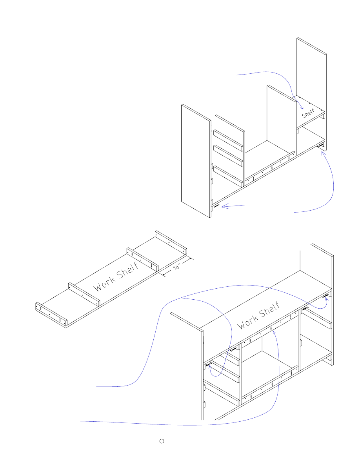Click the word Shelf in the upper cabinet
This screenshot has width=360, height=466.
pos(308,113)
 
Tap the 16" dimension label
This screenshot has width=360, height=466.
pos(177,266)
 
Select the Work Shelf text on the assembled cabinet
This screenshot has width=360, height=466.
pos(259,315)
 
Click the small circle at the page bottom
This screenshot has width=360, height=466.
pos(162,441)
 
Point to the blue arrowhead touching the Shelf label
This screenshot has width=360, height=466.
pos(301,107)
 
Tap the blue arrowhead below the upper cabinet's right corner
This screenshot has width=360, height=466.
pos(323,154)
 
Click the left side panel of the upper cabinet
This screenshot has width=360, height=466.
pos(196,161)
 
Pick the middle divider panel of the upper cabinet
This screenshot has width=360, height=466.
pos(281,119)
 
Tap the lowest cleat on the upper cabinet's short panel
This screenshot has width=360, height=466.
pos(228,176)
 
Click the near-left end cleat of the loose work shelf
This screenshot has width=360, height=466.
pos(51,315)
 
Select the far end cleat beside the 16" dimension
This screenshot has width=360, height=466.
pos(171,242)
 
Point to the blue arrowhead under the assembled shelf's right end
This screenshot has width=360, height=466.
pos(326,299)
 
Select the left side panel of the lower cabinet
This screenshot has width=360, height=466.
pos(187,366)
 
